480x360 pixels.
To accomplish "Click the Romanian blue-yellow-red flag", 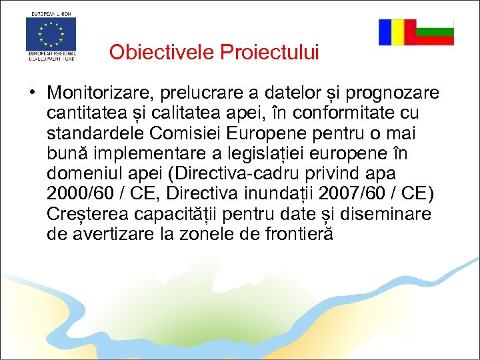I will [x=397, y=32].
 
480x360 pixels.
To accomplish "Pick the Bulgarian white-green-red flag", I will [x=435, y=32].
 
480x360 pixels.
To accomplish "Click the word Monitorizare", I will [x=97, y=91].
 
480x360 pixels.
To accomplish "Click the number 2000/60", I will [x=75, y=194].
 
